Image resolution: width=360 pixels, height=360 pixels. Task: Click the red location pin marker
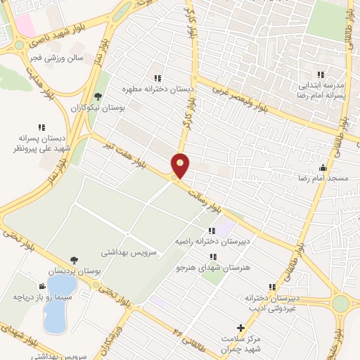[181, 165]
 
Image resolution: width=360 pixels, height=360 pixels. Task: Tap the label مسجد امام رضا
[323, 179]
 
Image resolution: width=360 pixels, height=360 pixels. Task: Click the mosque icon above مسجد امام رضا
[323, 167]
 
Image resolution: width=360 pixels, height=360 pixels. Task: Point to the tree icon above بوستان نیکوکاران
[98, 97]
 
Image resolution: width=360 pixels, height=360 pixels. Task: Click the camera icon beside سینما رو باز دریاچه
[42, 286]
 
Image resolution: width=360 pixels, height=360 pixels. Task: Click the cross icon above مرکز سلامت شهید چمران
[240, 327]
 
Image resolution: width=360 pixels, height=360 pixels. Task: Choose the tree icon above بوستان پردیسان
[74, 259]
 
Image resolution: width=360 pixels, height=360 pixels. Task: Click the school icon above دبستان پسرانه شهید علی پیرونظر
[41, 127]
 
